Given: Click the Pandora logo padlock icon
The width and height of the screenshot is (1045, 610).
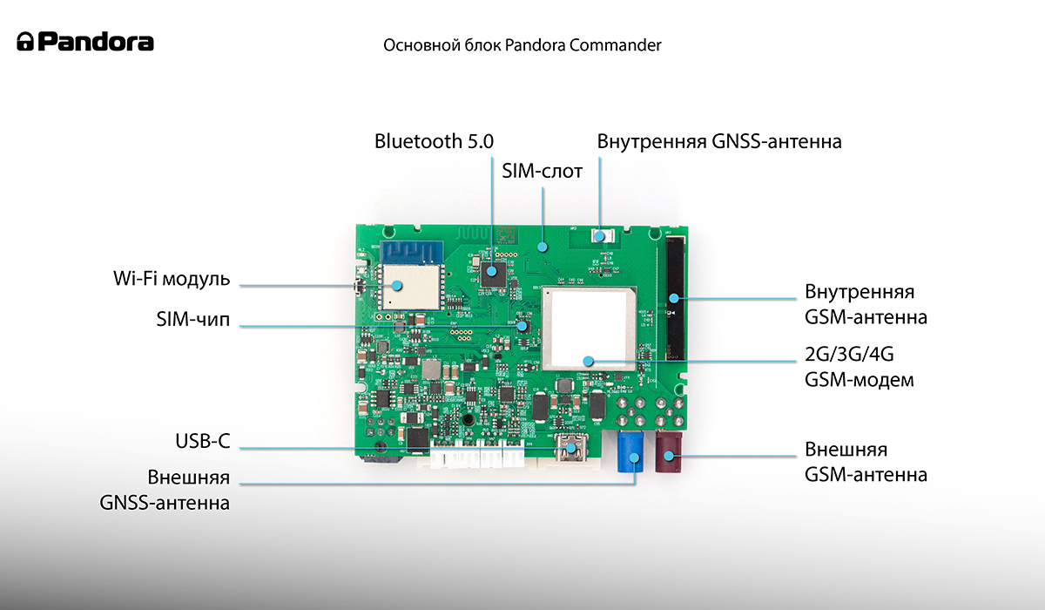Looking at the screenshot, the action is (x=25, y=42).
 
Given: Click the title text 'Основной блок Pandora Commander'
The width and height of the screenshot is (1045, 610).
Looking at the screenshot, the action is (x=522, y=45).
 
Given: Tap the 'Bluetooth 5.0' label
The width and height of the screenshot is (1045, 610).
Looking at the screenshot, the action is (x=434, y=141).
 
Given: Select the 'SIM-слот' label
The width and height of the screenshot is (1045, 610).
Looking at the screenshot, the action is (x=542, y=172).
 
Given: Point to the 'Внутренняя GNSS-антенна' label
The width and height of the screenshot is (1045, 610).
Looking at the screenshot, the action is (x=719, y=141).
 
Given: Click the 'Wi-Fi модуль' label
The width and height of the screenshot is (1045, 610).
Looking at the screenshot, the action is (x=172, y=279).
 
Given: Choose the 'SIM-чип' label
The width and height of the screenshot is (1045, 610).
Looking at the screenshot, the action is (x=193, y=319).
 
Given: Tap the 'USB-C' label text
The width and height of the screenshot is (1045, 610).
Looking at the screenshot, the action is (x=202, y=441).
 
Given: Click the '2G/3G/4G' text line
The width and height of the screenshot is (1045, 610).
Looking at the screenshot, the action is (x=849, y=355).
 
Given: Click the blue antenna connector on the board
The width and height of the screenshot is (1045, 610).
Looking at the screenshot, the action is (x=630, y=451).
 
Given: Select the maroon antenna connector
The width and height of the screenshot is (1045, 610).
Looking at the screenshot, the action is (x=669, y=451).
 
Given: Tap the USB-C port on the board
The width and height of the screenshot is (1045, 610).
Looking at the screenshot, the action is (x=570, y=448).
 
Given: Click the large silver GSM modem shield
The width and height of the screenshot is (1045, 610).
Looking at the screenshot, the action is (x=590, y=329).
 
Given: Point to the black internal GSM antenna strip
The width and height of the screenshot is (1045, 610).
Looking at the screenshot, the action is (x=675, y=298).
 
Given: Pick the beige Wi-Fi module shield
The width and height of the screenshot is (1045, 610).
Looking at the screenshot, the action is (x=410, y=287).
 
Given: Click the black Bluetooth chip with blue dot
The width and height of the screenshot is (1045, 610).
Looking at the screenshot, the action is (x=493, y=274).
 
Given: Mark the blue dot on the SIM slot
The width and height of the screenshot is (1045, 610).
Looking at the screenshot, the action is (x=542, y=247).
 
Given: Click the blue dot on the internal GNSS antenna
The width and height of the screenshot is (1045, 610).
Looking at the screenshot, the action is (x=599, y=237).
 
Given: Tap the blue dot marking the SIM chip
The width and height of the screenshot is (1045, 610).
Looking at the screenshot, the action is (x=522, y=326).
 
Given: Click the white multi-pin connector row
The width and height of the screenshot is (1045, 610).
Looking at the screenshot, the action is (x=477, y=454).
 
